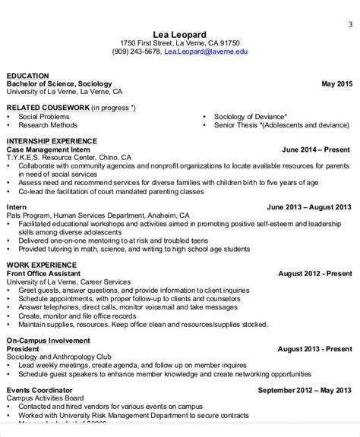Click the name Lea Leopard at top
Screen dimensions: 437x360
[180, 33]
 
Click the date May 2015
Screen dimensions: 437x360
[336, 84]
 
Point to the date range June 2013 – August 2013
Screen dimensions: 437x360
[309, 206]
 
